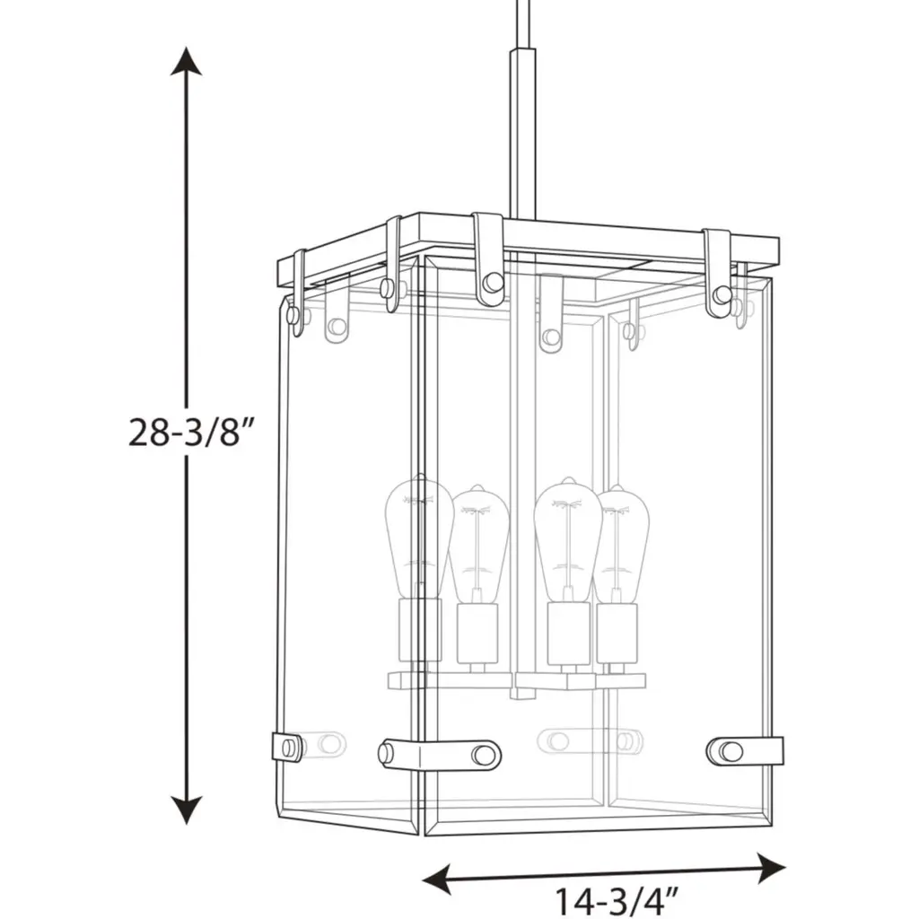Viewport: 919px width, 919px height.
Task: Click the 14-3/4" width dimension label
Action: (x=616, y=902)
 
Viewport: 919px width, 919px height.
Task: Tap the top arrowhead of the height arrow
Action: (x=187, y=62)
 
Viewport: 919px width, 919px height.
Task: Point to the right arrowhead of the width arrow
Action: (x=771, y=869)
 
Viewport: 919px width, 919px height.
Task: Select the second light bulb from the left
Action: (x=478, y=544)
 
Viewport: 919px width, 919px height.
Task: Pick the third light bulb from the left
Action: (x=568, y=539)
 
